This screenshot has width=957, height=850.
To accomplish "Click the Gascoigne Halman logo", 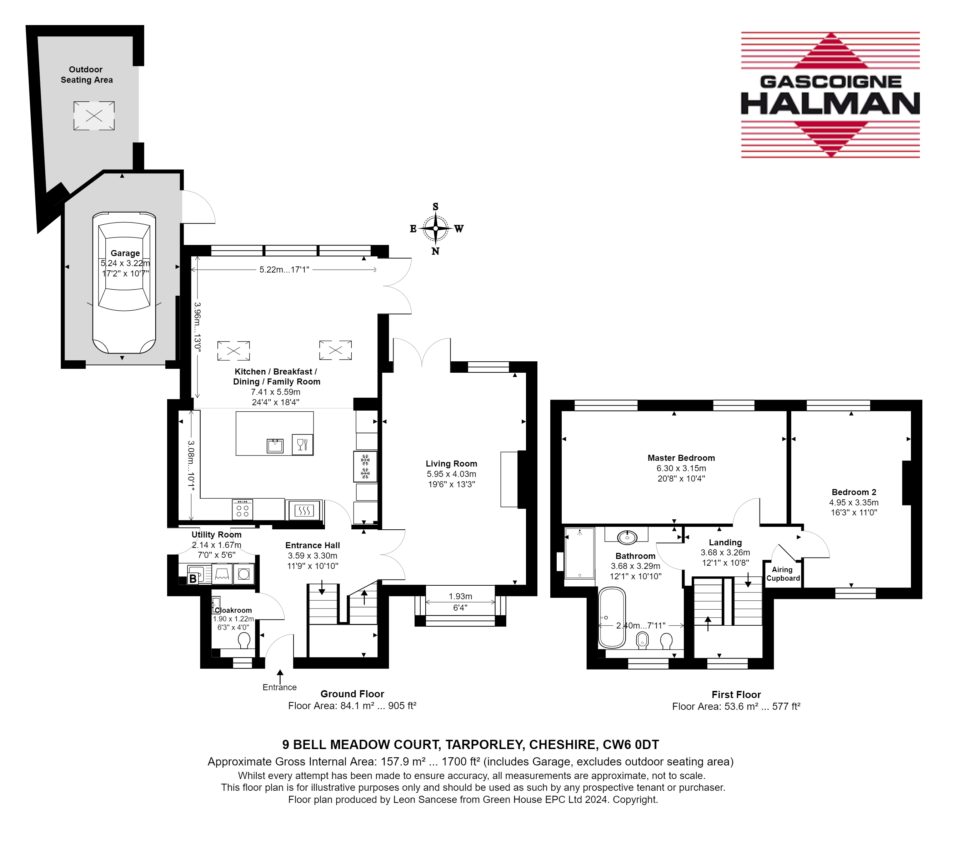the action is pos(830,95).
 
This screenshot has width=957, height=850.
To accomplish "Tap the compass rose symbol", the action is pos(435,229).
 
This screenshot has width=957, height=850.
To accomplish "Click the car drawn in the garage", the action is pos(124,283).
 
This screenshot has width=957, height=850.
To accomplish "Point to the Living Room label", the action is pos(451,464).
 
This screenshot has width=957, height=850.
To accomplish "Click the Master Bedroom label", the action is pos(681,458).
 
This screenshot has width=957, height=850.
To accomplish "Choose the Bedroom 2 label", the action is pos(854,492).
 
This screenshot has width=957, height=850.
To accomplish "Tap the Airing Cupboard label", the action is pos(783,574).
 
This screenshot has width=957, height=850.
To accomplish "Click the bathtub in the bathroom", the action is pos(611,617).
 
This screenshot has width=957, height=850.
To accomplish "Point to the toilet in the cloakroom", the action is pos(244,640).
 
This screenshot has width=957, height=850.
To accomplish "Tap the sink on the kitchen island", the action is pos(275,446).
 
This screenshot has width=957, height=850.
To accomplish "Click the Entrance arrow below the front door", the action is pos(280,676).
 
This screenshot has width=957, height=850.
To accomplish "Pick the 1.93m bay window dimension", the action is pos(460,596).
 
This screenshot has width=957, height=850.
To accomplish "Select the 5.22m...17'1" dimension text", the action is pos(284,270).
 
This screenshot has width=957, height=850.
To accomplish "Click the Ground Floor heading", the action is pos(352,694).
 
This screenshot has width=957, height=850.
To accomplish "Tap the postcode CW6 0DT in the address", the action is pos(631,745).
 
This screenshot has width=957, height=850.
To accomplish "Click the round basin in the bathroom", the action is pos(627,537).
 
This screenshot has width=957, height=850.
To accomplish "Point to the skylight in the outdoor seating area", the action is pos(94,116).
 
